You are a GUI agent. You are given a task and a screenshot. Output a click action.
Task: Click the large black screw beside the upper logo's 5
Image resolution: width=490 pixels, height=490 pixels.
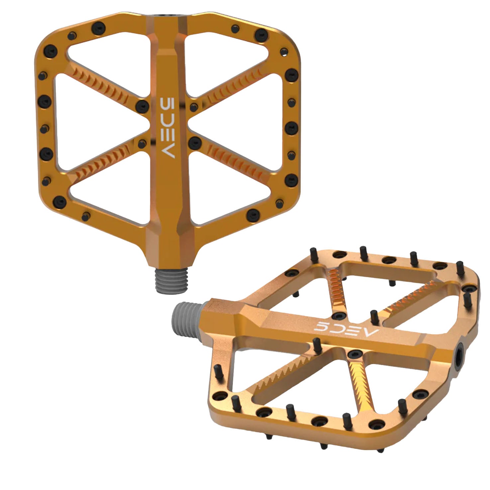[143, 106]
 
